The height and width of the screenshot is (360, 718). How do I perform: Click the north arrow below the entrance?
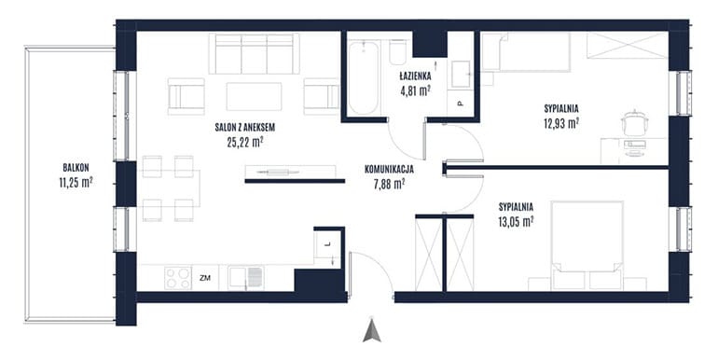(x=372, y=329)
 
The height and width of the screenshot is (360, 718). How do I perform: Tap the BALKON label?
(x=76, y=168)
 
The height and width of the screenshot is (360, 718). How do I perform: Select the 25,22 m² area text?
(x=244, y=142)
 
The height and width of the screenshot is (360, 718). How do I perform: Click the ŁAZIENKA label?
(x=415, y=76)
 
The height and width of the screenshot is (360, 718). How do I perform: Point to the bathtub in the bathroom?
(x=363, y=77)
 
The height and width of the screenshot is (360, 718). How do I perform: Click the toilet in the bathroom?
(x=398, y=52)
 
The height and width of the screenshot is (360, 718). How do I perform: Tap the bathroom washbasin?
(x=462, y=74)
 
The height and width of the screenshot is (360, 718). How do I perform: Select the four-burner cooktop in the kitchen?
(x=178, y=278)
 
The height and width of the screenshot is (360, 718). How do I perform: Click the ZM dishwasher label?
(x=205, y=277)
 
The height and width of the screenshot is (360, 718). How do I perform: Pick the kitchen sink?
(x=246, y=278)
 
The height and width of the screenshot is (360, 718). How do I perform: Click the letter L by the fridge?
(x=327, y=244)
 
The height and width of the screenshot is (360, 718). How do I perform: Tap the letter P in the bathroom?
(x=461, y=104)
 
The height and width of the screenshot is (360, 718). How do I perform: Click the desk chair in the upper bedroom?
(x=634, y=122)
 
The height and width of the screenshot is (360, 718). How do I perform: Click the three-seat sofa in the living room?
(x=255, y=53)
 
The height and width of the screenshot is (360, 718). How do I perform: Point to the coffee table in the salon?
(x=255, y=96)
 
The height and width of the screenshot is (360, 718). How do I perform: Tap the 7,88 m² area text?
(x=389, y=184)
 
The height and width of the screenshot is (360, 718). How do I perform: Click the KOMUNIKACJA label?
(x=389, y=170)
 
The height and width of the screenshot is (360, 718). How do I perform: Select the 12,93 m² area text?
(x=561, y=123)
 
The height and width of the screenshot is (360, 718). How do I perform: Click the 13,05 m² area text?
(x=516, y=222)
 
